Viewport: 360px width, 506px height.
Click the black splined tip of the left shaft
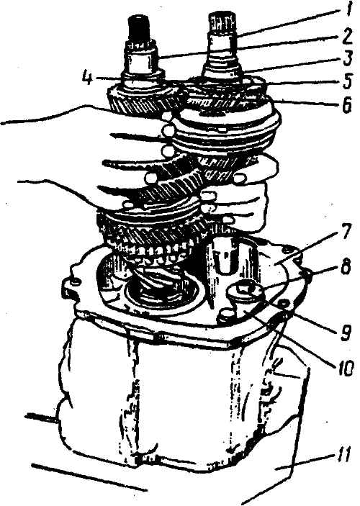point(139,27)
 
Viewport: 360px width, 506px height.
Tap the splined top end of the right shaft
point(223,24)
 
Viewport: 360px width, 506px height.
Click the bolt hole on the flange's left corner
point(75,282)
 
